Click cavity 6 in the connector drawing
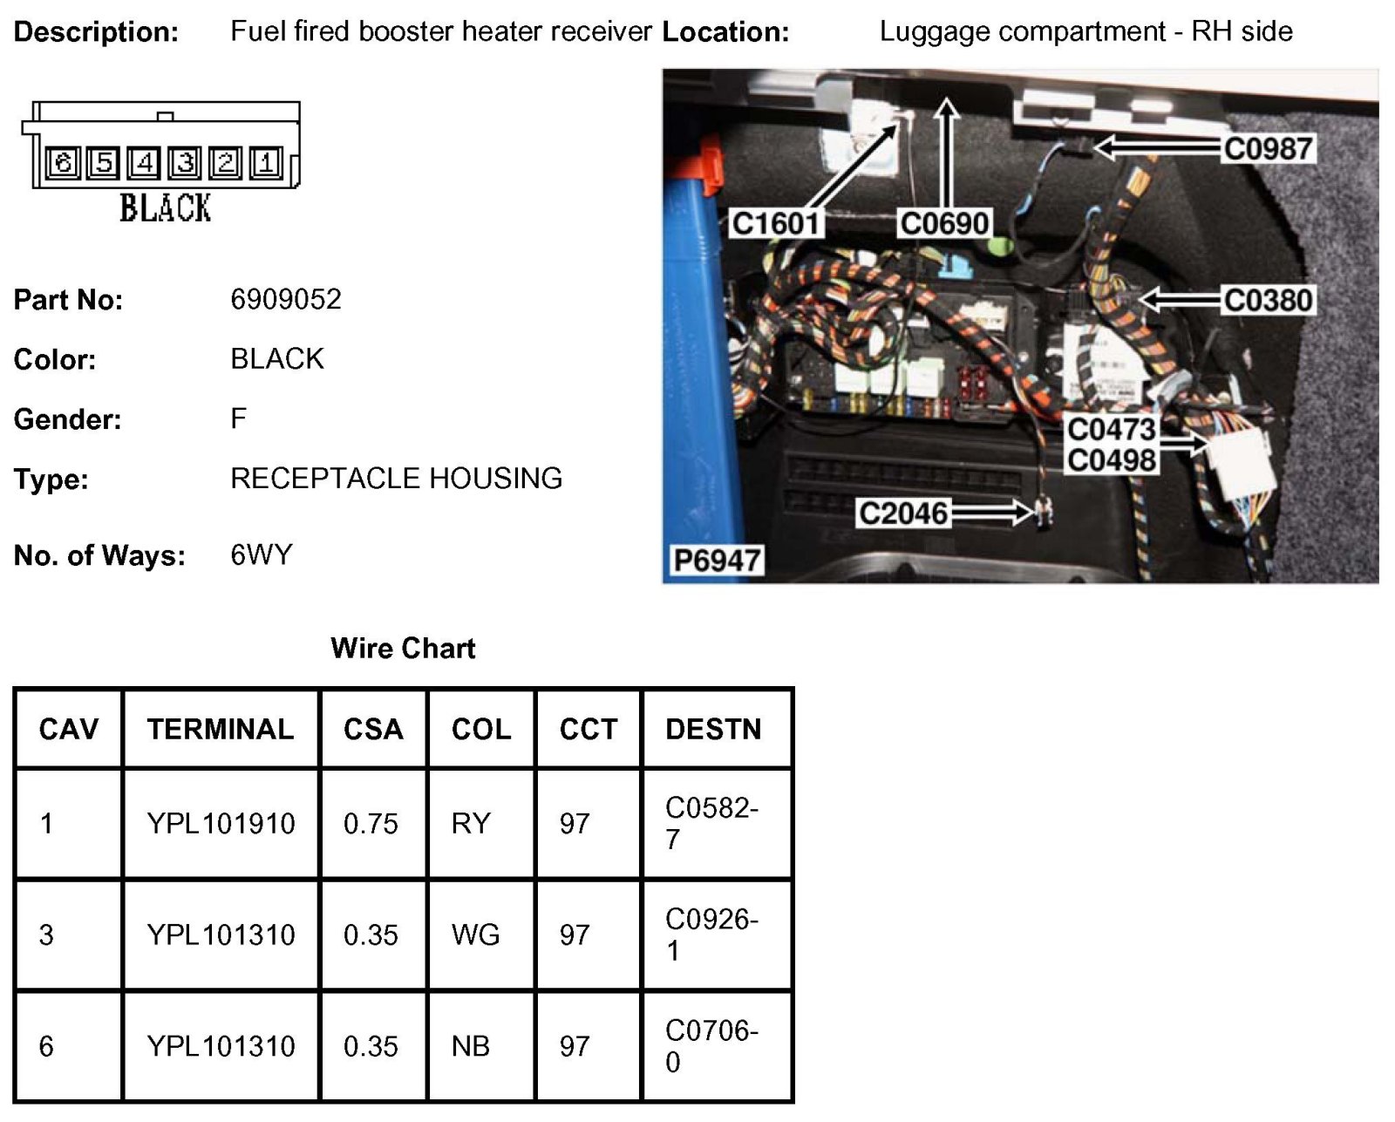pos(63,162)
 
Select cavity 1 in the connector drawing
pos(266,162)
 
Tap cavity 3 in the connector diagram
pos(185,162)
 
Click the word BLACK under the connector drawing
pos(165,208)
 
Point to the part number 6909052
pos(285,299)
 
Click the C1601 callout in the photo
pos(775,223)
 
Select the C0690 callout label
pos(944,223)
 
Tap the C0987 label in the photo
pos(1268,148)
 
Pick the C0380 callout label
pos(1268,300)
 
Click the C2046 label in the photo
pos(902,513)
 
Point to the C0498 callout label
pos(1111,459)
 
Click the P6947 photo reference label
pos(717,560)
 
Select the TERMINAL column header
pos(221,729)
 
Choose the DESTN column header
pos(713,729)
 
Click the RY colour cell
pos(471,823)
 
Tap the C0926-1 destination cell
pos(711,934)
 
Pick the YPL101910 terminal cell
pos(221,823)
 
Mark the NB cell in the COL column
pos(471,1045)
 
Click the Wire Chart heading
pos(403,648)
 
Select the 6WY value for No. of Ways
pos(261,554)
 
